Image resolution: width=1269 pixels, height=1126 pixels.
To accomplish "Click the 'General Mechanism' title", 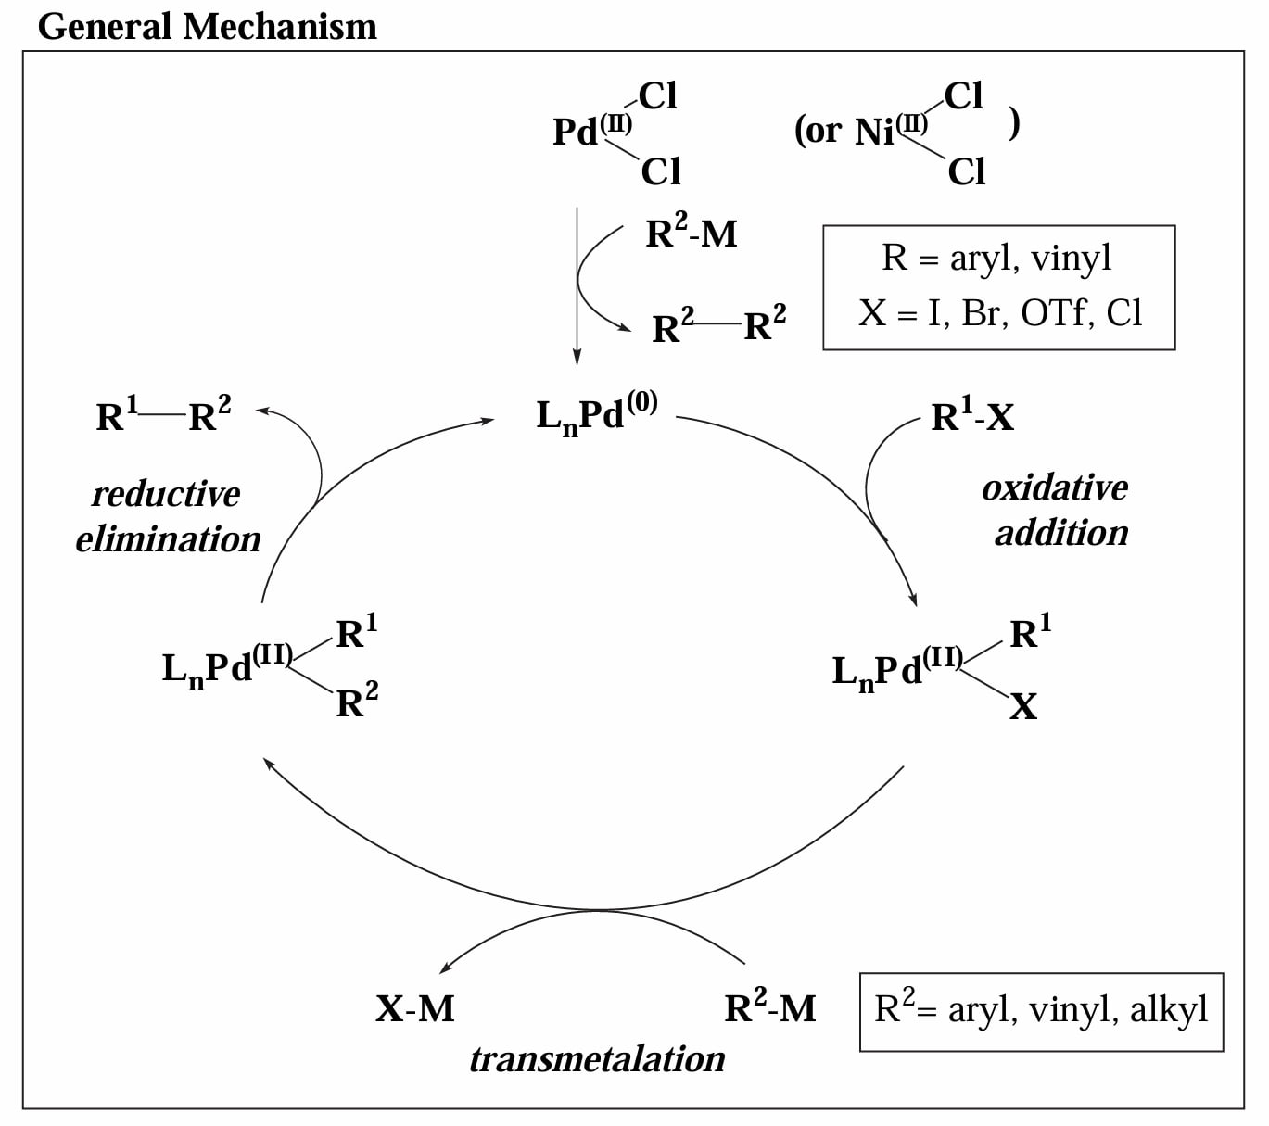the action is pos(208,27).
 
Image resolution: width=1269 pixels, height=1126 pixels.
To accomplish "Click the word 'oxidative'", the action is pos(1055,487).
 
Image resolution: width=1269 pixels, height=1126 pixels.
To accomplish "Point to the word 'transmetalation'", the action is pos(597,1059).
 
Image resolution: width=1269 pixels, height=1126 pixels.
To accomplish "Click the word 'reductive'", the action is pos(166,494).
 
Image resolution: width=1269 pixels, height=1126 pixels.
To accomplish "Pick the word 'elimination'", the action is pos(168,539).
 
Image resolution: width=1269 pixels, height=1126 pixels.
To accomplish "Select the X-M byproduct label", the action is pos(414,1009).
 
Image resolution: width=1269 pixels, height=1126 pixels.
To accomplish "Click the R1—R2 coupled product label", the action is pos(163,413).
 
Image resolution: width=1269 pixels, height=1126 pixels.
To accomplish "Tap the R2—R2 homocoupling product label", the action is pos(718,324).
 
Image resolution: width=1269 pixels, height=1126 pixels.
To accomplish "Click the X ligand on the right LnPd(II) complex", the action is pos(1023,706).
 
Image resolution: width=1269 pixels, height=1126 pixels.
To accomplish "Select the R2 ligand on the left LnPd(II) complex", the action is pos(357,700).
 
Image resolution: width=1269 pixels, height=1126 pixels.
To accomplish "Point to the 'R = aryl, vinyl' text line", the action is pos(996,258).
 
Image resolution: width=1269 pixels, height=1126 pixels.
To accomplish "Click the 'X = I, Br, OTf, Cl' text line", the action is pos(999,312).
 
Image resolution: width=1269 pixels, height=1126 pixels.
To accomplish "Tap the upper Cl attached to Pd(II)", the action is pos(658,96).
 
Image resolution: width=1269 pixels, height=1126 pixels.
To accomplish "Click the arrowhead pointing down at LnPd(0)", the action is pos(577,358).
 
